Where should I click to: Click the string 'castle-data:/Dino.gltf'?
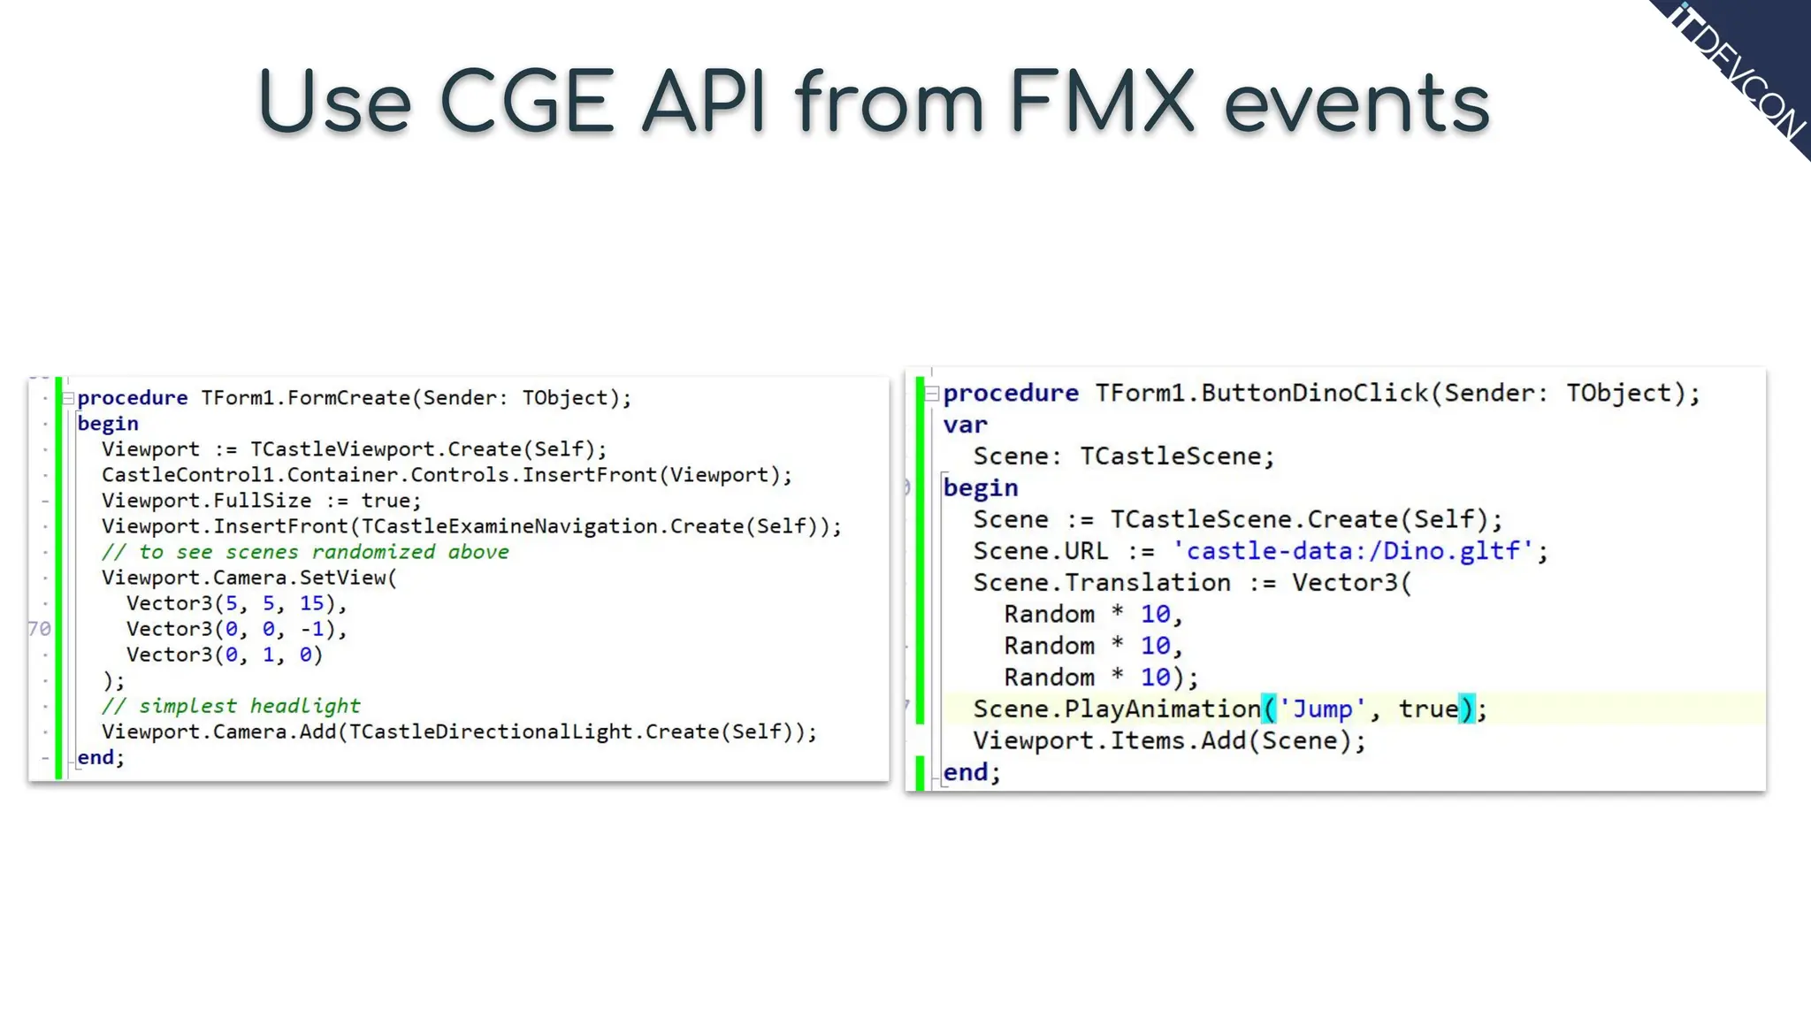1353,551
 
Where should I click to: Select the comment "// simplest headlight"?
231,706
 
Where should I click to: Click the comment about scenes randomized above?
305,552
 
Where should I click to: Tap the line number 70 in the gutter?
40,629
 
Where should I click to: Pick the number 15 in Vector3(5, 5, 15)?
311,603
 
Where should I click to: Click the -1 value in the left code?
311,629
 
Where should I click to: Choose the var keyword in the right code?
965,425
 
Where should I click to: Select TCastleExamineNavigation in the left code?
509,526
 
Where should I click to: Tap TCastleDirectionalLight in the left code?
496,732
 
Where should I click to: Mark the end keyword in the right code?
966,772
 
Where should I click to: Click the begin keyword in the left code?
108,424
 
